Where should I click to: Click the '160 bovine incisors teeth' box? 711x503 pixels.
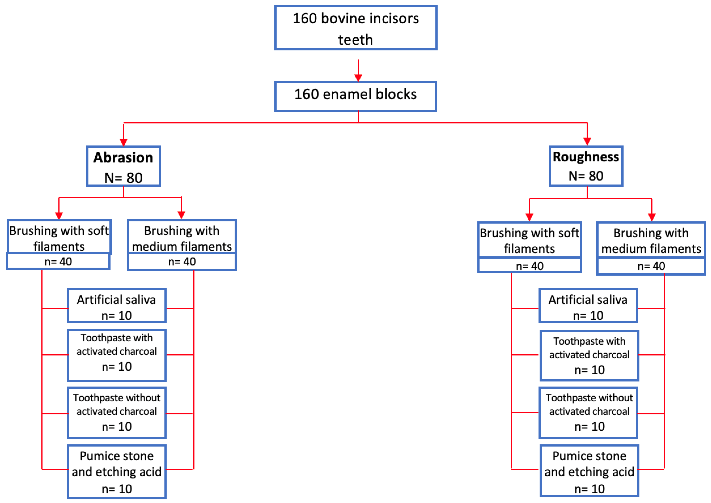(x=355, y=28)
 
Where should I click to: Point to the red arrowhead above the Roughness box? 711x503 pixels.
(x=587, y=141)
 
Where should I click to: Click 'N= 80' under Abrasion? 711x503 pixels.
(x=123, y=178)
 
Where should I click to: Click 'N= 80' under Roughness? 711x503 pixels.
(x=586, y=176)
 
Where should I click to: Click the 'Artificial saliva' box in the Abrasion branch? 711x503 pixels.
(x=117, y=306)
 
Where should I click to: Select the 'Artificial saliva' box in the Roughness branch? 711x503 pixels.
(x=588, y=306)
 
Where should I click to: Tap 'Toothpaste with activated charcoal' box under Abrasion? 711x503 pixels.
(x=117, y=355)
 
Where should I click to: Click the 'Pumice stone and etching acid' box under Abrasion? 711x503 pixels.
(x=117, y=471)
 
